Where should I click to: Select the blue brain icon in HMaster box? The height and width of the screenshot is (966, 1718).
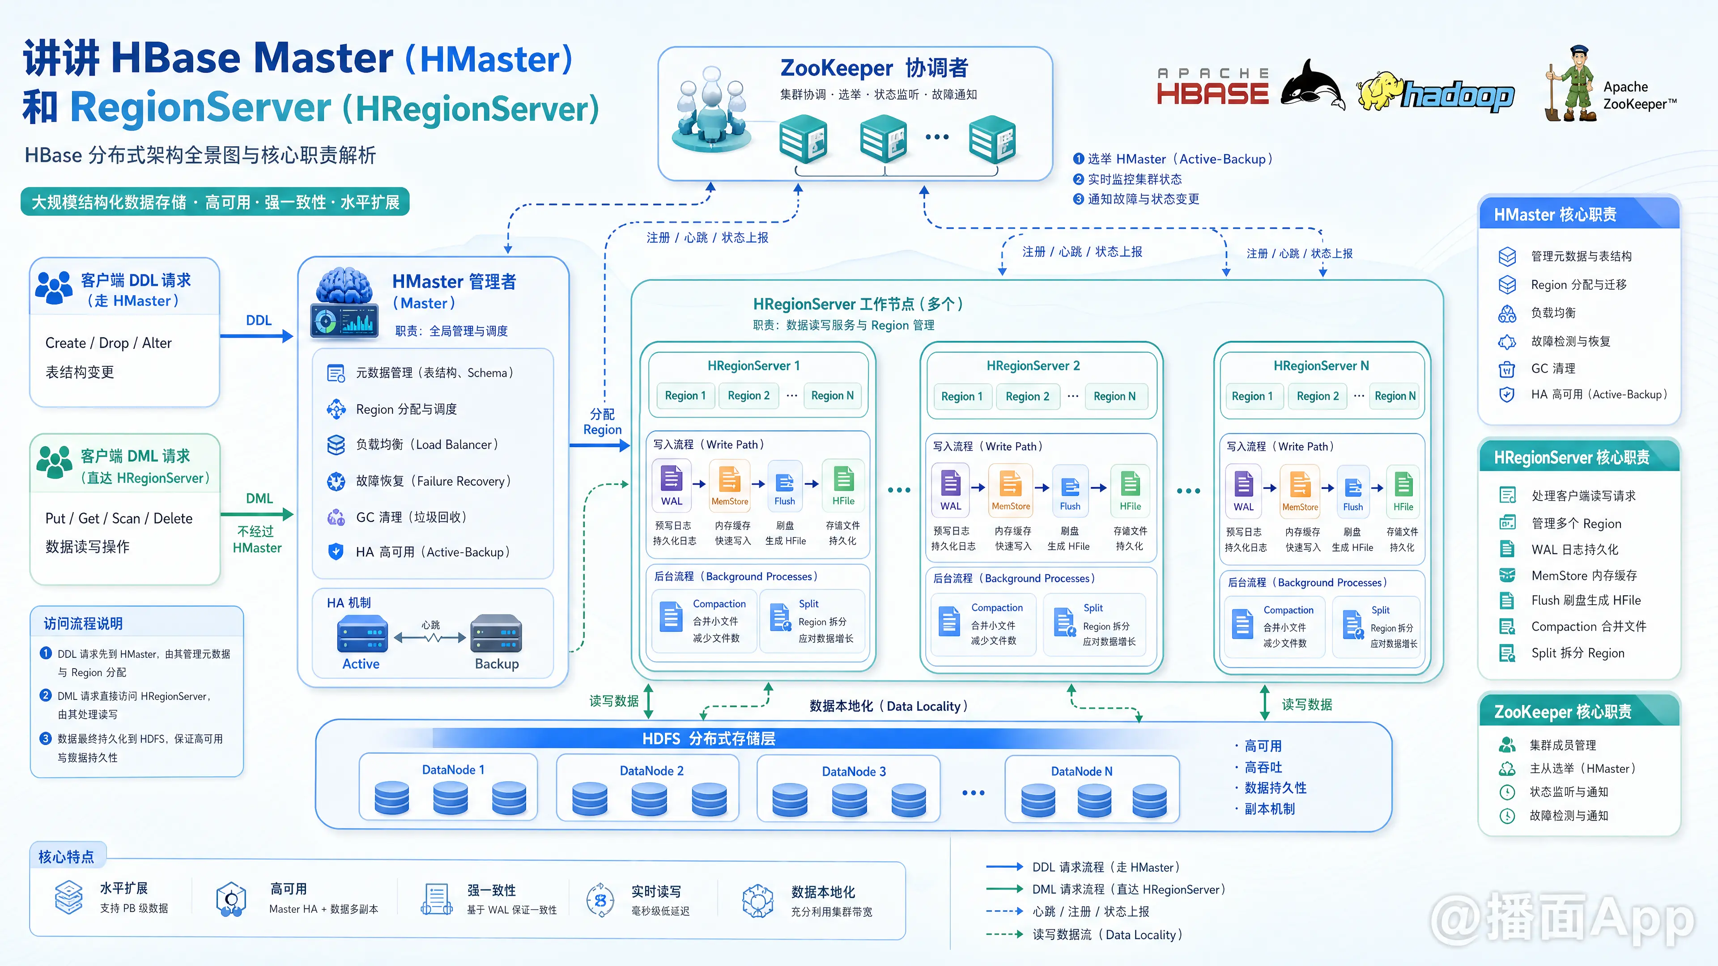pyautogui.click(x=344, y=287)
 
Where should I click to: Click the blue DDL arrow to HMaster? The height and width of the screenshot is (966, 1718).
pyautogui.click(x=257, y=336)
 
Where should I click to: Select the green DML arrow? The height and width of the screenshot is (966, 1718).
pyautogui.click(x=257, y=514)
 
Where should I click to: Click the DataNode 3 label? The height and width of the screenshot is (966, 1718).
pyautogui.click(x=854, y=771)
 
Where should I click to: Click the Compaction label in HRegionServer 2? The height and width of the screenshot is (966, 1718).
pyautogui.click(x=997, y=607)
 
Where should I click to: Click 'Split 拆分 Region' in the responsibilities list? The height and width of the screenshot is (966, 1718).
pyautogui.click(x=1578, y=653)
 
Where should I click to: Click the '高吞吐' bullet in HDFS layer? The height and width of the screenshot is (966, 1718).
pyautogui.click(x=1263, y=767)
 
